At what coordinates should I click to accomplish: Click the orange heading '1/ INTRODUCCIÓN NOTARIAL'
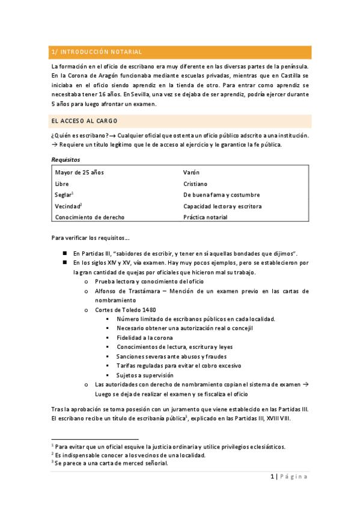coord(97,52)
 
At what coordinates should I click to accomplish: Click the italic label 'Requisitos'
coord(66,159)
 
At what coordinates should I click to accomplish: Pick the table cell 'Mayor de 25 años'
coord(79,173)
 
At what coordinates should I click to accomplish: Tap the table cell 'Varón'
coord(191,173)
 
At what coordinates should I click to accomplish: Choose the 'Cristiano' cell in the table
coord(197,183)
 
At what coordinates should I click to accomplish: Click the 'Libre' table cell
coord(62,183)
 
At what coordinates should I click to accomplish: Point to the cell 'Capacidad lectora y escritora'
coord(222,206)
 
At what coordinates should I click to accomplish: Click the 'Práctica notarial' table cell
coord(205,217)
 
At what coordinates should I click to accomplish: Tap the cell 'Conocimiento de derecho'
coord(89,217)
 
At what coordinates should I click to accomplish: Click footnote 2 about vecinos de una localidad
coord(130,455)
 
